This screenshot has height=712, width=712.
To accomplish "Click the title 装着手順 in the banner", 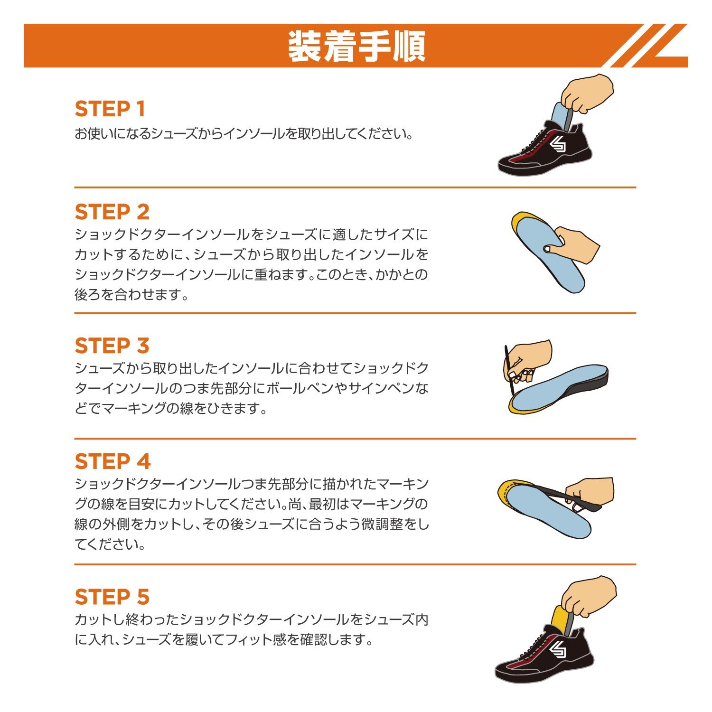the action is (356, 47).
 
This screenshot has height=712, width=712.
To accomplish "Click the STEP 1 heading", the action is (110, 109).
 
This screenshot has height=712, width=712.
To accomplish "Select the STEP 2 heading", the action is (112, 212).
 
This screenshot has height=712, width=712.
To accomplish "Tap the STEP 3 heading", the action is (112, 346).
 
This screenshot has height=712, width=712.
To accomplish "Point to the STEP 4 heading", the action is (112, 461).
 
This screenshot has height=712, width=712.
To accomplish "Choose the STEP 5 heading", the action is (112, 597).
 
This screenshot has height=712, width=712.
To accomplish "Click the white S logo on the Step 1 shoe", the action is (558, 145).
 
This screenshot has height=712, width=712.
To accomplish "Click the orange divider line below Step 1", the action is (355, 187).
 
